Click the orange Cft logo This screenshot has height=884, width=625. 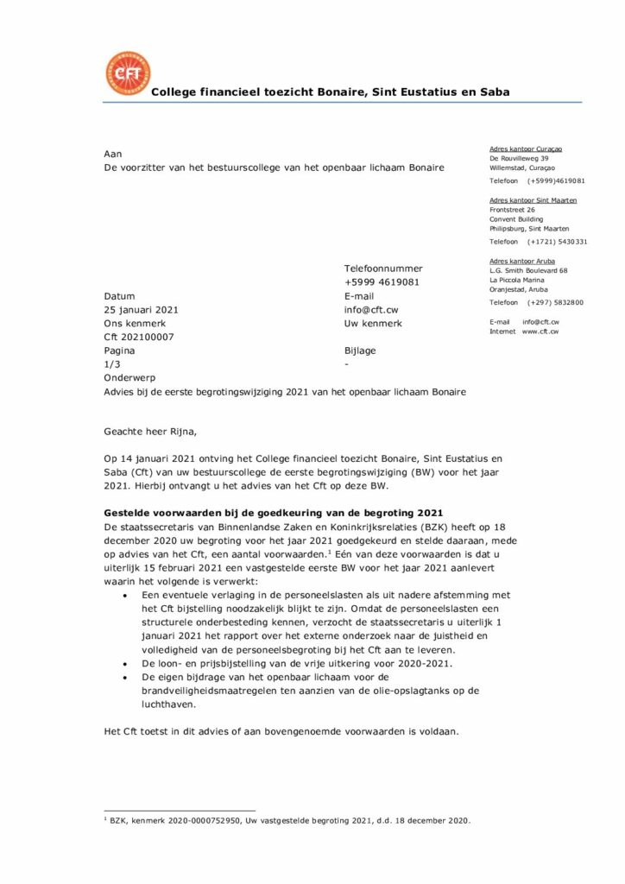click(127, 73)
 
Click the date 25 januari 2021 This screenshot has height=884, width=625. click(142, 309)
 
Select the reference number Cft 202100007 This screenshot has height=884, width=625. click(138, 337)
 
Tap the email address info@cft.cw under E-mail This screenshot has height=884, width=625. click(371, 309)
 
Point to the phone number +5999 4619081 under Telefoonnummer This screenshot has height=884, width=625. click(382, 282)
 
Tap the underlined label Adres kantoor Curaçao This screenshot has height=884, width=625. click(526, 149)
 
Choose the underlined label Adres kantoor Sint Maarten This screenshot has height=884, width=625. click(533, 200)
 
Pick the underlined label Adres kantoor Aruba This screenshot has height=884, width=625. click(522, 261)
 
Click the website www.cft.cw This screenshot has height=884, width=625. click(540, 331)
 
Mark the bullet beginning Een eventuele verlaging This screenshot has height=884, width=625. click(126, 596)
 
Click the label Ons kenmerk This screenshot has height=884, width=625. click(132, 323)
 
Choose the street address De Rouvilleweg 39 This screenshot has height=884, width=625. click(519, 159)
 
